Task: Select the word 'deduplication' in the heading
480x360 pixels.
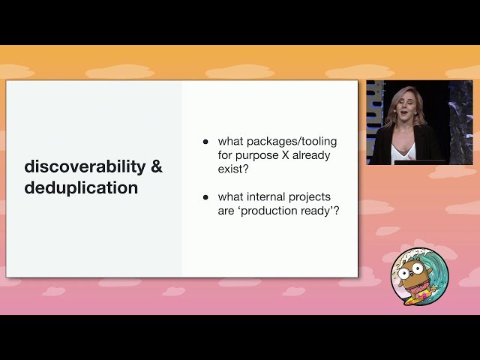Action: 81,187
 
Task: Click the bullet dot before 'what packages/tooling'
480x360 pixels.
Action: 205,141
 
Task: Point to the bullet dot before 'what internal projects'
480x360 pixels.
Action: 205,197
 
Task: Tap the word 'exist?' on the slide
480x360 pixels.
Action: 234,169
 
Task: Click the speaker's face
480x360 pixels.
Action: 403,111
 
